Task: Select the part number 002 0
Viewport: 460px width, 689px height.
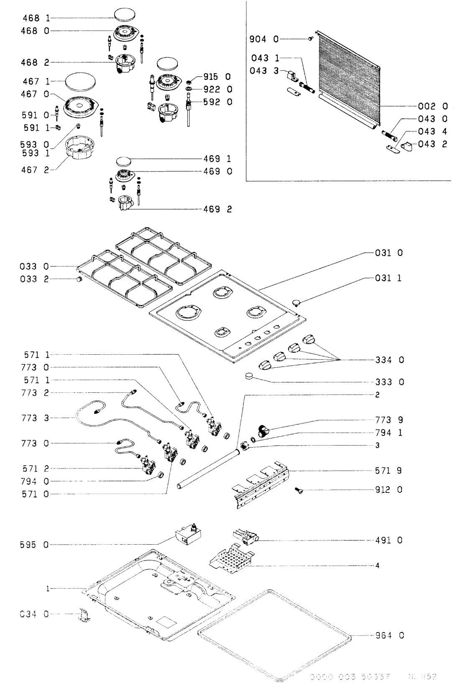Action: tap(433, 106)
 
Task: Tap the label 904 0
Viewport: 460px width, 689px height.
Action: tap(264, 39)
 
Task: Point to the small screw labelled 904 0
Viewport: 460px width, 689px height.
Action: tap(310, 38)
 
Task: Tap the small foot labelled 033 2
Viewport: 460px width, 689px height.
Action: tap(78, 279)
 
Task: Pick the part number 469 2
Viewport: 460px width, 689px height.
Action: tap(217, 209)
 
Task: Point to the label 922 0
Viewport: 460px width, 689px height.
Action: tap(217, 89)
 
